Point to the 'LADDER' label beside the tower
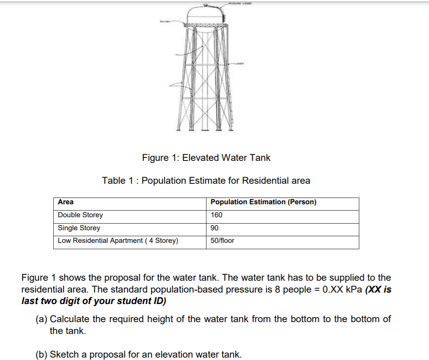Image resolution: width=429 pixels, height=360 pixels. (x=241, y=63)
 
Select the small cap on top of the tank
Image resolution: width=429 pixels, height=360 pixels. (x=206, y=4)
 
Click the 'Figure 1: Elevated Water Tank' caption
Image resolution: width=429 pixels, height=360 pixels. (x=206, y=158)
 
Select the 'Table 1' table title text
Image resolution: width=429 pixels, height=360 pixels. (x=206, y=181)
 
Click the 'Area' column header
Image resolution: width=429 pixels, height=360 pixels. (x=66, y=202)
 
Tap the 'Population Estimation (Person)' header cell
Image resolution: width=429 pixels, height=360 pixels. (x=263, y=202)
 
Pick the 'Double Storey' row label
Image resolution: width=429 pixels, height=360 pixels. (x=80, y=215)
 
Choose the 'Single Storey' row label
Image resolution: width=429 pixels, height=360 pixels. (x=79, y=228)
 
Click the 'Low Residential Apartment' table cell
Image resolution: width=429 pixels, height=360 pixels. (x=118, y=241)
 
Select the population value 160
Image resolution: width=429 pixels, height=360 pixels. (x=216, y=215)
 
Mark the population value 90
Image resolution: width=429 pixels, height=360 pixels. (x=214, y=228)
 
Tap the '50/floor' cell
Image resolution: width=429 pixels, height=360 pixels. (x=222, y=241)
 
